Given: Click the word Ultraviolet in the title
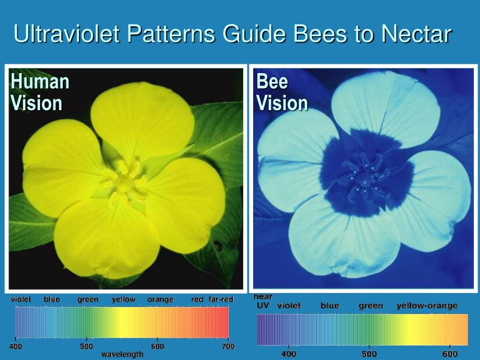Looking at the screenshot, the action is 67,33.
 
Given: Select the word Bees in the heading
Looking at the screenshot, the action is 320,33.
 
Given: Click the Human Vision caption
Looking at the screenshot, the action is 40,92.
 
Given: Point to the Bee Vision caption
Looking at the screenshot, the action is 282,92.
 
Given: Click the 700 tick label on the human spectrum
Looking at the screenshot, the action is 228,346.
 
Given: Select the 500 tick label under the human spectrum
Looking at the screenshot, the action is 86,346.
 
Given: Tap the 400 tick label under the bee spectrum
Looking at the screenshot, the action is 289,353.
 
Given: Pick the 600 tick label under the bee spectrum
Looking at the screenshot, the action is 450,353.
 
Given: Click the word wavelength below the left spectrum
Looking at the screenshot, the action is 122,354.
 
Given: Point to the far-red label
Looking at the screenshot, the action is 221,299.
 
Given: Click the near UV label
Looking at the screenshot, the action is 263,301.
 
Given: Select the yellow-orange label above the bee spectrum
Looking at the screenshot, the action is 427,306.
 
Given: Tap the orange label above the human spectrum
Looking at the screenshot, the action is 160,300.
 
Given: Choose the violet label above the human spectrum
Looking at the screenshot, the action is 21,299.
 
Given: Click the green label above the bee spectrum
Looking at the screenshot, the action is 371,306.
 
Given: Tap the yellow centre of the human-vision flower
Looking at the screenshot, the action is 123,183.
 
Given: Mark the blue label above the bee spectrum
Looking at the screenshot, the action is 330,306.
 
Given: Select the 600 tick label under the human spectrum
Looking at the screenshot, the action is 157,346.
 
